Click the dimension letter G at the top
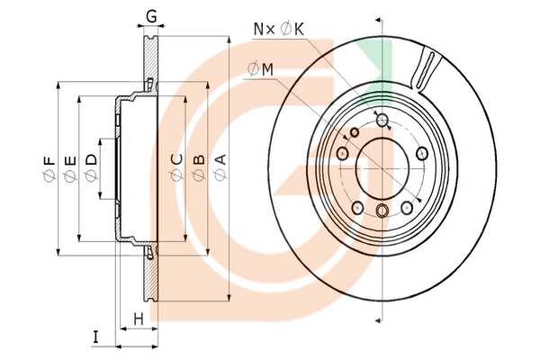pyautogui.click(x=151, y=16)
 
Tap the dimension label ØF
pyautogui.click(x=49, y=168)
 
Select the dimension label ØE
pyautogui.click(x=70, y=168)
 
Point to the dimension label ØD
pyautogui.click(x=91, y=167)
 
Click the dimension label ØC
pyautogui.click(x=177, y=167)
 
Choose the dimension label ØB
pyautogui.click(x=199, y=168)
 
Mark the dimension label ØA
pyautogui.click(x=220, y=167)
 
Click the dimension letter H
pyautogui.click(x=139, y=319)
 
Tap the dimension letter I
pyautogui.click(x=95, y=337)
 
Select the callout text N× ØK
pyautogui.click(x=279, y=30)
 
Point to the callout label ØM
pyautogui.click(x=260, y=69)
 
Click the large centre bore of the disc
pyautogui.click(x=382, y=168)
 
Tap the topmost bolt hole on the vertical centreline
pyautogui.click(x=382, y=120)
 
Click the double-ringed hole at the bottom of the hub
pyautogui.click(x=382, y=211)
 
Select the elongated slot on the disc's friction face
pyautogui.click(x=425, y=70)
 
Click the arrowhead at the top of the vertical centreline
pyautogui.click(x=378, y=20)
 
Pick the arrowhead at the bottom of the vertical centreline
pyautogui.click(x=378, y=320)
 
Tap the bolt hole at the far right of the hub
pyautogui.click(x=422, y=153)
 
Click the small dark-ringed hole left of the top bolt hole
pyautogui.click(x=355, y=132)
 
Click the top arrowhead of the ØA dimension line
pyautogui.click(x=229, y=40)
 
